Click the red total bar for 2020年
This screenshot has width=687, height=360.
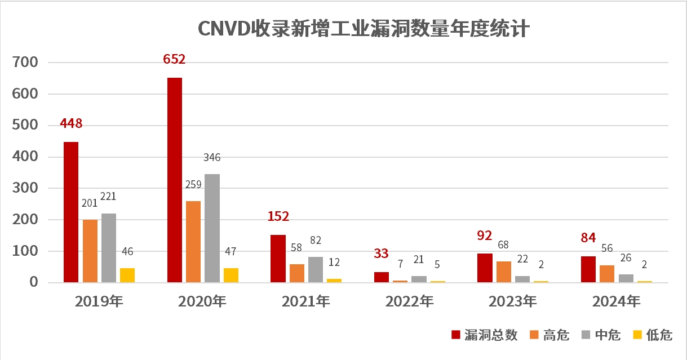coord(175,180)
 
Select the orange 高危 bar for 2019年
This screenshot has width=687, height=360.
coord(90,251)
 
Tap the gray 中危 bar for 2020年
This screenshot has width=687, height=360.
coord(212,228)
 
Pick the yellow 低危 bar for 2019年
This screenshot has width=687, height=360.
coord(127,275)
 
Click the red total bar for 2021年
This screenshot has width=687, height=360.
coord(278,259)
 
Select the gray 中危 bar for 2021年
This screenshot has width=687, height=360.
coord(316,269)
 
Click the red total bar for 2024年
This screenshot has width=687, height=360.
coord(588,269)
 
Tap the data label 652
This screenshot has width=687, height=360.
coord(174,59)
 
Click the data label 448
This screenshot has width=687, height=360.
coord(71,123)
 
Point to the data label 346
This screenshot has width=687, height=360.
coord(212,157)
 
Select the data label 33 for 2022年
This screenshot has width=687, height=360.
coord(381,254)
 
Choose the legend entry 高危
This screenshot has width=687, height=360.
coord(550,335)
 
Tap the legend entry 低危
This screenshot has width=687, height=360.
coord(653,335)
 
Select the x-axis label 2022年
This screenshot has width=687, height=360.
coord(409,302)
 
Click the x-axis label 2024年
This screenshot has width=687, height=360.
coord(616,302)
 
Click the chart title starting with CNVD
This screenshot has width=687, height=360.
coord(363,29)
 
